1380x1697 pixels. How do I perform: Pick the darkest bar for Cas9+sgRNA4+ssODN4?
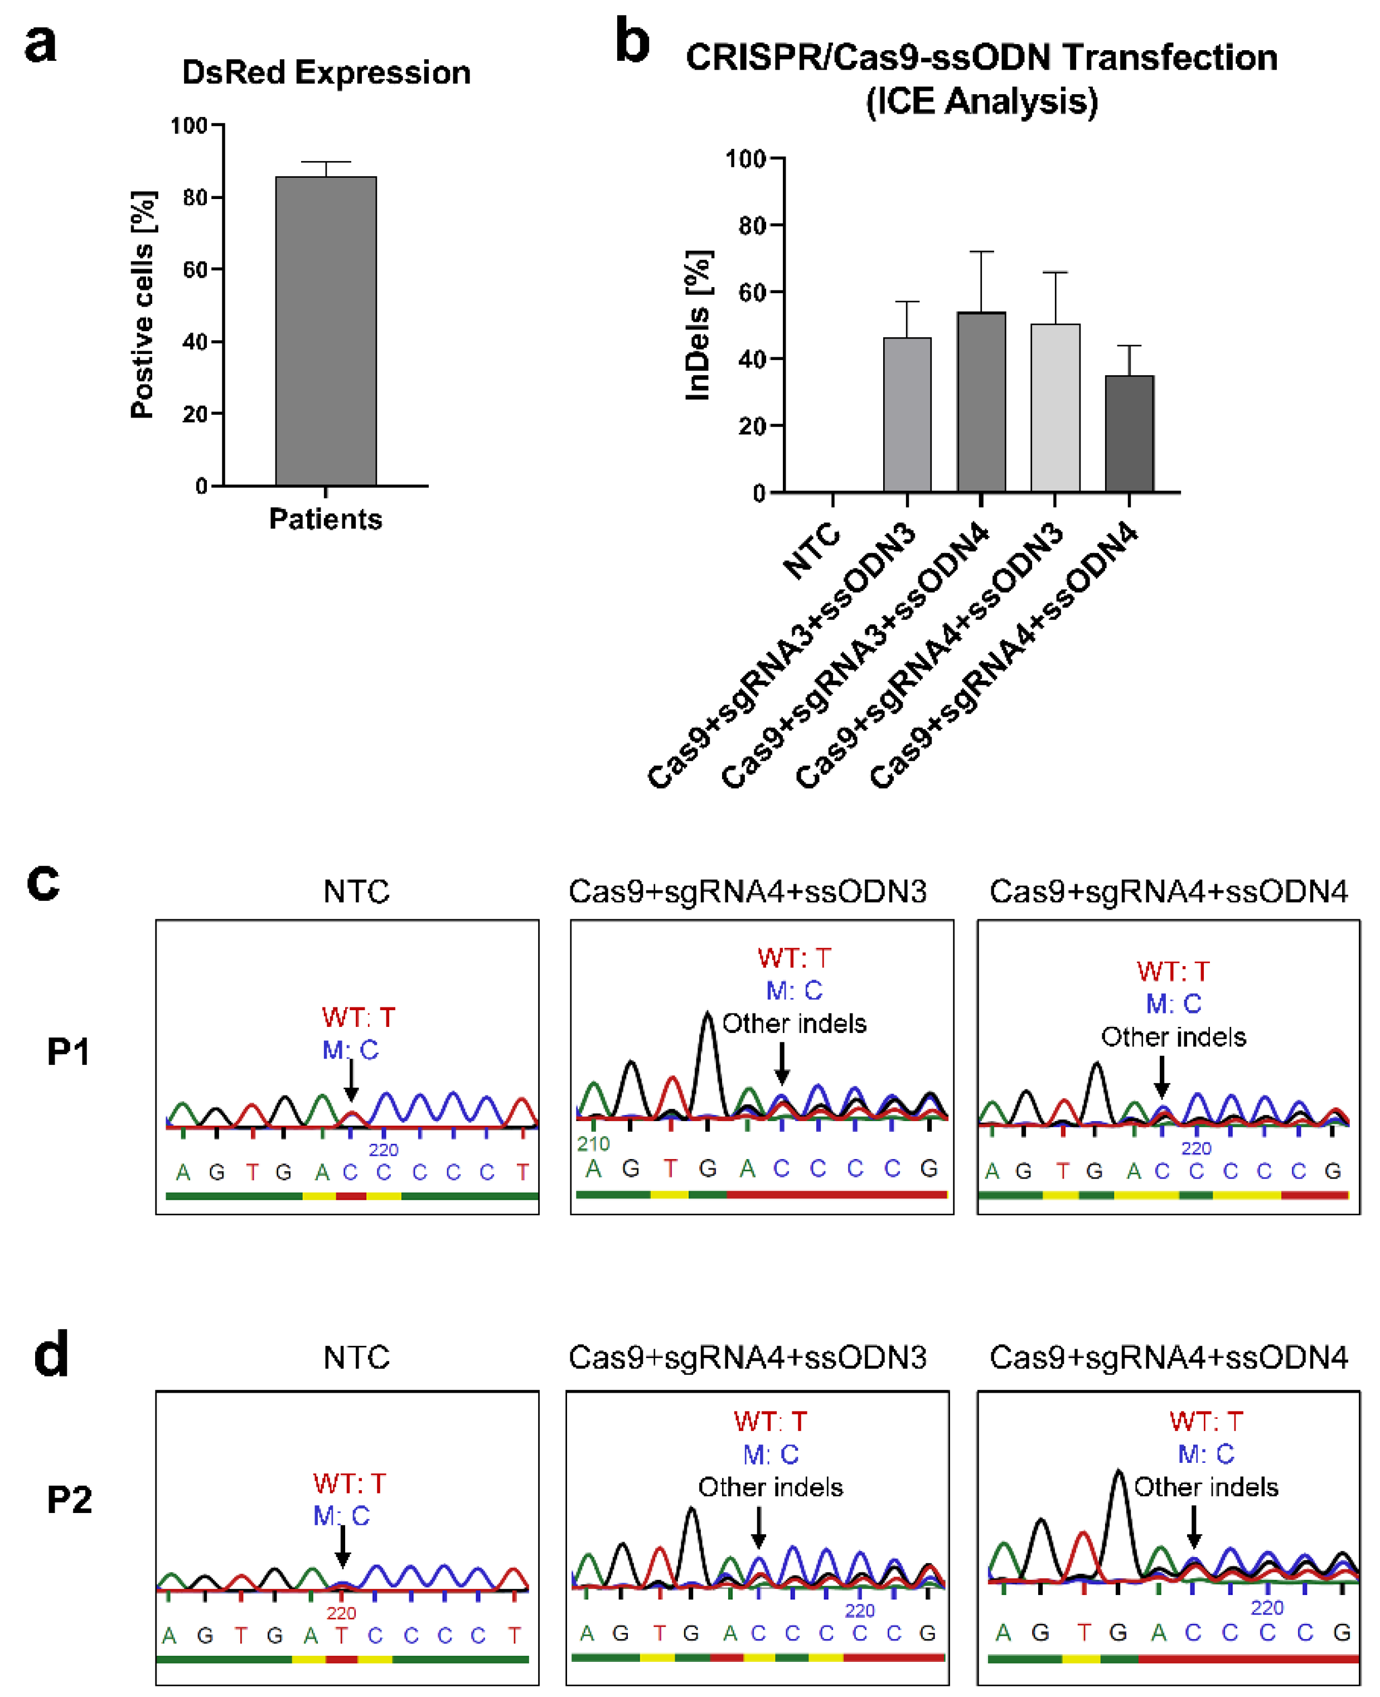(1129, 434)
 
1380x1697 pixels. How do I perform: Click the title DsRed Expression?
(326, 72)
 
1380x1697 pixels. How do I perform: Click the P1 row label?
(69, 1051)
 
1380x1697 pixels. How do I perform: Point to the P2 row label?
(69, 1499)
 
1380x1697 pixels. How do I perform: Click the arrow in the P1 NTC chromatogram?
(351, 1082)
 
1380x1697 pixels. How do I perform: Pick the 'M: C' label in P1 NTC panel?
(350, 1050)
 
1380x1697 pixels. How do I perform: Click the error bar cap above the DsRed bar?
(326, 162)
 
